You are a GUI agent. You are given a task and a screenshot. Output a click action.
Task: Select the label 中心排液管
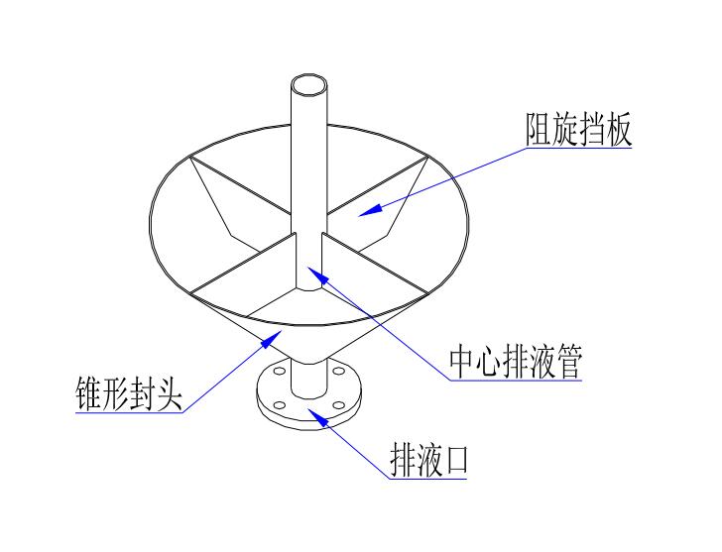[515, 364]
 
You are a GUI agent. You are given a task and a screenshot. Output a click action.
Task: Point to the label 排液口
[427, 460]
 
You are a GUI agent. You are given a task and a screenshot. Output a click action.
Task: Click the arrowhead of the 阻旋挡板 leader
[363, 211]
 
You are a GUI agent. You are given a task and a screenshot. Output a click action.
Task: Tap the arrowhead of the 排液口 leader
[309, 410]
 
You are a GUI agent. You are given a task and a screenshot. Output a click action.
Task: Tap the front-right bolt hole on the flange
[339, 404]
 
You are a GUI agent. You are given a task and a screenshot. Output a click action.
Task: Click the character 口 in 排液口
[454, 460]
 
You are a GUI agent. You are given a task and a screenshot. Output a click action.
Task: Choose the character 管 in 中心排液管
[566, 364]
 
